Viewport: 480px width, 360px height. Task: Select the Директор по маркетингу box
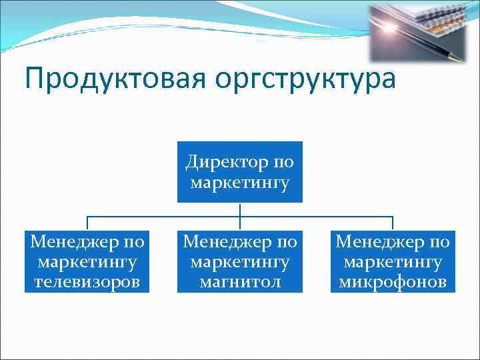click(239, 171)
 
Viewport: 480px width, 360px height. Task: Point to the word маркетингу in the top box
click(239, 183)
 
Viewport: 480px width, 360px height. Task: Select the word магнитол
click(239, 283)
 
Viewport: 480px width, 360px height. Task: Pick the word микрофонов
click(393, 283)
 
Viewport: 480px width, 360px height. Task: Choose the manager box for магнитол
click(239, 261)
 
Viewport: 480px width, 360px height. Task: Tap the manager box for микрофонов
click(393, 261)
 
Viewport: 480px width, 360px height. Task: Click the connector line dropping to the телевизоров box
click(87, 223)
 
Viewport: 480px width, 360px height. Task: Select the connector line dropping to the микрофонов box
click(393, 223)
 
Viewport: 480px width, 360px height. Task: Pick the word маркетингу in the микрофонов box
click(393, 262)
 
